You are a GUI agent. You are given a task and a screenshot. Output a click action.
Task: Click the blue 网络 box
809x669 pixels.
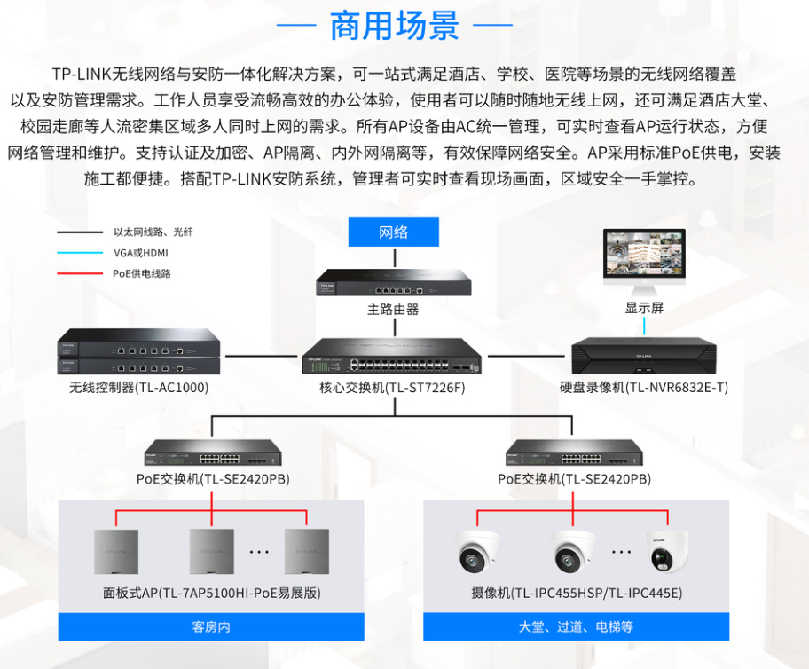tap(393, 232)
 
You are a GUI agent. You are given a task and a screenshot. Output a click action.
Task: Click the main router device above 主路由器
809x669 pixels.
tap(394, 283)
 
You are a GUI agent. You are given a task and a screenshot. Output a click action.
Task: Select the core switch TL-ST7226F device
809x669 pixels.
tap(392, 358)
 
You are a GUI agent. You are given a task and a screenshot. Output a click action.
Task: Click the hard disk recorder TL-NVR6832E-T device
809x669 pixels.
tap(645, 357)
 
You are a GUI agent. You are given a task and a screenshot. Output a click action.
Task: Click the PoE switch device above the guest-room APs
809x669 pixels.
tap(212, 457)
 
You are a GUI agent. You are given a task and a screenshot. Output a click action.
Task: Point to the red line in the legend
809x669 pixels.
tap(79, 273)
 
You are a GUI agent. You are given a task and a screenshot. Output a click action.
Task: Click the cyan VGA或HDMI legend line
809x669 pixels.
tap(79, 253)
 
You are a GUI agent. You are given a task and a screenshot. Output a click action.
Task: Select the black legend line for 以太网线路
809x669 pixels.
tap(79, 232)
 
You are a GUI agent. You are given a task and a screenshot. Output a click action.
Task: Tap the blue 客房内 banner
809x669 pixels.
tap(211, 626)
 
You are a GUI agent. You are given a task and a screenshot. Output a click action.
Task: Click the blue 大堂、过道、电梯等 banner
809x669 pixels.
tap(576, 626)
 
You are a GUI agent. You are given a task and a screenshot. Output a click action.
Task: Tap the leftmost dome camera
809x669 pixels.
tap(479, 552)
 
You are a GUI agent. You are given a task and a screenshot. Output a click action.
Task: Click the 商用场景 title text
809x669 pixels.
tap(394, 26)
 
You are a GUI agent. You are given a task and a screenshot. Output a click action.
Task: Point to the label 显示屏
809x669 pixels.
tap(644, 308)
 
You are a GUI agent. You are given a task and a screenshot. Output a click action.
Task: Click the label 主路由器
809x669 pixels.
tap(393, 310)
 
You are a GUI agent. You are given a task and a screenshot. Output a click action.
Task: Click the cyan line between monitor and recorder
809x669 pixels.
tap(645, 327)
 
